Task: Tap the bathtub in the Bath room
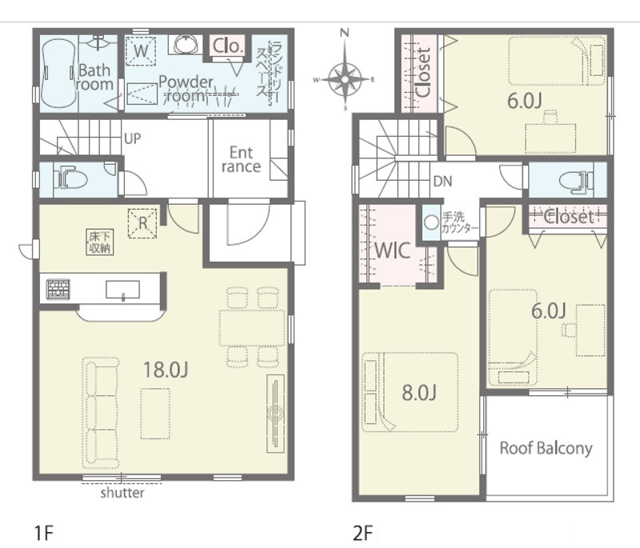(x=58, y=74)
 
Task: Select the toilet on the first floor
(x=70, y=178)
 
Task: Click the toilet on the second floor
(x=576, y=180)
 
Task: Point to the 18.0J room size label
(x=166, y=370)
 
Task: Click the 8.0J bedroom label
(x=419, y=392)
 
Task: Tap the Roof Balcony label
(x=546, y=448)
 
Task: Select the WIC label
(x=392, y=250)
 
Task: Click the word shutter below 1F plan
(x=122, y=493)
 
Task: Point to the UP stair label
(x=132, y=138)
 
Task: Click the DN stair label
(x=443, y=181)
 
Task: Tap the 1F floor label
(x=44, y=534)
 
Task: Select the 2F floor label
(x=363, y=534)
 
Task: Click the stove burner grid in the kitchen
(x=58, y=289)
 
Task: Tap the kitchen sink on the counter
(x=122, y=290)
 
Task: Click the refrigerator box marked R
(x=142, y=222)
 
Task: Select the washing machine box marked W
(x=141, y=51)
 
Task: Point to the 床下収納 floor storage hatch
(x=99, y=242)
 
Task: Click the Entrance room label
(x=241, y=159)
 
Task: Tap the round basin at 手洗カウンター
(x=431, y=222)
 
